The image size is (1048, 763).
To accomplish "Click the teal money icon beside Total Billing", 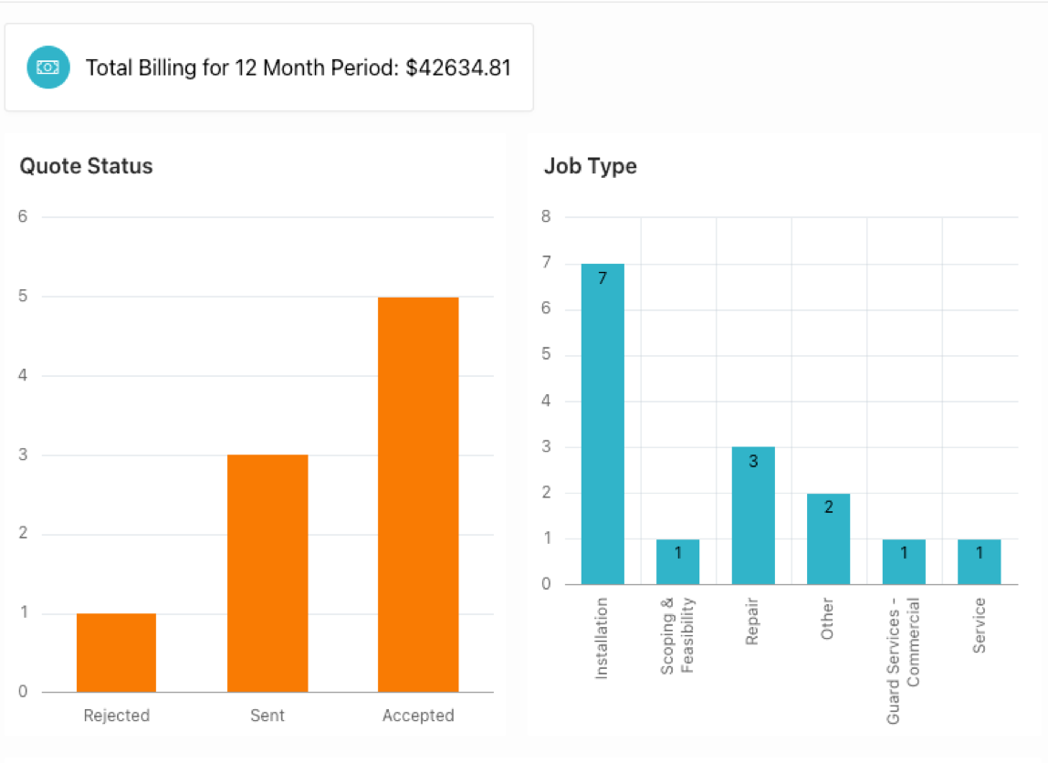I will click(x=48, y=68).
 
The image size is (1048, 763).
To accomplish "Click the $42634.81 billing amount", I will click(x=458, y=68).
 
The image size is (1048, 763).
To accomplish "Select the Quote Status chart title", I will click(x=87, y=166).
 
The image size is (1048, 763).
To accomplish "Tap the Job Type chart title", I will click(x=591, y=166).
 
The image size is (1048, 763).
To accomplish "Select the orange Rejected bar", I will click(x=116, y=653).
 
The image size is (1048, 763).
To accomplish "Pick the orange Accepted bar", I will click(x=418, y=495).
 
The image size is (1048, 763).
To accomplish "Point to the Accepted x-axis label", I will click(x=418, y=716).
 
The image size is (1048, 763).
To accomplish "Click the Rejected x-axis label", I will click(x=116, y=716).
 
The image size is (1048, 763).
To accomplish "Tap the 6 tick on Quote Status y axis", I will click(x=23, y=217).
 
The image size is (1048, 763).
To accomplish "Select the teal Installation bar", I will click(x=603, y=424).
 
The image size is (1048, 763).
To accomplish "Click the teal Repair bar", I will click(x=753, y=516).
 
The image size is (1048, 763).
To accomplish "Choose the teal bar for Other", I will click(x=828, y=538).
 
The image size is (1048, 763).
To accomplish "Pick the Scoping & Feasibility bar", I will click(x=677, y=562).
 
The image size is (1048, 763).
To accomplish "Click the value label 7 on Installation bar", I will click(x=603, y=278).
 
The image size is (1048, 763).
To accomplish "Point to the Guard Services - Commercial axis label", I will click(x=902, y=661).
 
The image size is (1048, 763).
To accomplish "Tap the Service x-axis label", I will click(x=979, y=625).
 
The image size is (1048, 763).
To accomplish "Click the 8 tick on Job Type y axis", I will click(x=546, y=217).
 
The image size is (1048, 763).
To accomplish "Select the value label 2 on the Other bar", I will click(x=829, y=507).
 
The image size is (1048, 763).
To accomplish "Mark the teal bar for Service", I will click(x=979, y=562).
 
